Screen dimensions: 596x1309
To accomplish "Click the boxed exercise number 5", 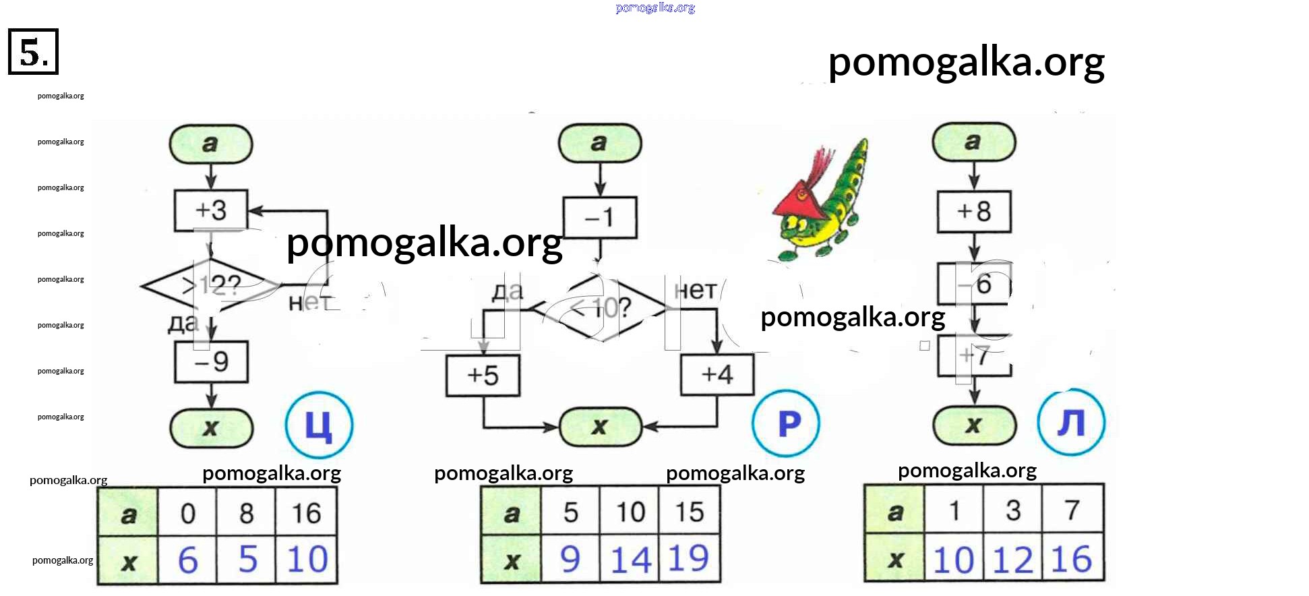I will point(33,51).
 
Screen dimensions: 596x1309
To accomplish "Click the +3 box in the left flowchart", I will point(211,211).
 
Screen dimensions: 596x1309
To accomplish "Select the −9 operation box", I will point(211,362).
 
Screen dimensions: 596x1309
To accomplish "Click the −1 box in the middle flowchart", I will point(599,218).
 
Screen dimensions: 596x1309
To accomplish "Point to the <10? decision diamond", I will point(599,308).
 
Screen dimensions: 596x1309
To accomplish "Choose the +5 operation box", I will point(483,376).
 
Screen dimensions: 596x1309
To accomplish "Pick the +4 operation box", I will point(717,374).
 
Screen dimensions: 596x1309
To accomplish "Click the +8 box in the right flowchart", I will point(974,212).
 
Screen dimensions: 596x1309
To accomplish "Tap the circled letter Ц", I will point(319,425).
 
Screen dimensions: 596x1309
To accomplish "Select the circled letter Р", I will point(786,423).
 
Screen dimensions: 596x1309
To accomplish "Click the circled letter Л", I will point(1071,423).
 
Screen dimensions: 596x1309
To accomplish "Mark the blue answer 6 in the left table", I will point(187,560).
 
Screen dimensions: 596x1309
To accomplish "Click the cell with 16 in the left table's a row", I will point(306,514).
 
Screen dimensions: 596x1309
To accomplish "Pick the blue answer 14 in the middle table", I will point(630,560).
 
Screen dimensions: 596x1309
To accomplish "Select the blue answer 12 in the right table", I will point(1012,560).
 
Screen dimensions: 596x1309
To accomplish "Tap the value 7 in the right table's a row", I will point(1072,510).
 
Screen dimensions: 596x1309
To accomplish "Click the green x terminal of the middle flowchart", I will point(600,427).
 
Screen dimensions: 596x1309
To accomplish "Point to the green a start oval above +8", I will point(973,142).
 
